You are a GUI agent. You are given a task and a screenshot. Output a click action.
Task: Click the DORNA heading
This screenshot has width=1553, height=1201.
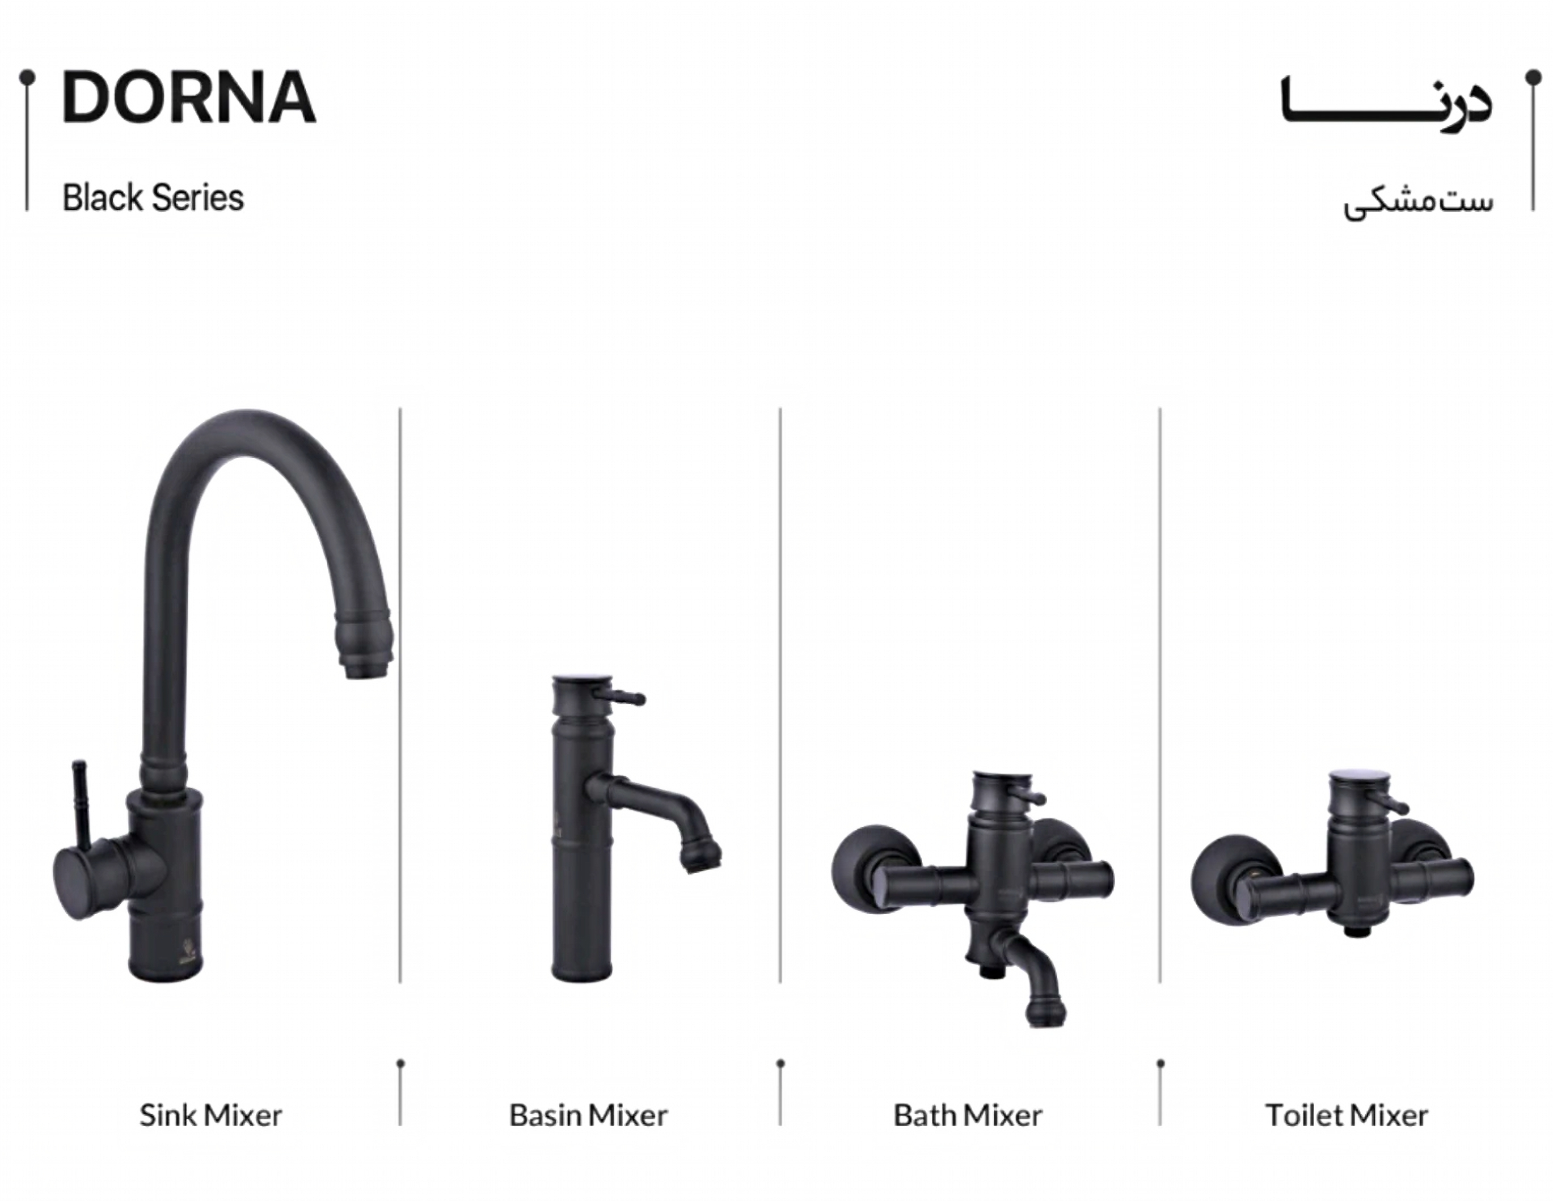pos(188,98)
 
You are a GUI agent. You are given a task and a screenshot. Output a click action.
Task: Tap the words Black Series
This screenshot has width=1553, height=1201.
pos(153,198)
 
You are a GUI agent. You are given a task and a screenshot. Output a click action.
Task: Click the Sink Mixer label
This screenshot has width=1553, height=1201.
pos(210,1115)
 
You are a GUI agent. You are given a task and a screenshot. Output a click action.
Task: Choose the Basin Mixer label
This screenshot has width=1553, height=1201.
pos(588,1115)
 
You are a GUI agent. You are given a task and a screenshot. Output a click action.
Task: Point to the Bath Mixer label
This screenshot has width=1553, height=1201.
pos(968,1115)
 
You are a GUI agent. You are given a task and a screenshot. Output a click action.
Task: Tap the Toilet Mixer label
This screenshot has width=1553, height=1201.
pos(1346,1115)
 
